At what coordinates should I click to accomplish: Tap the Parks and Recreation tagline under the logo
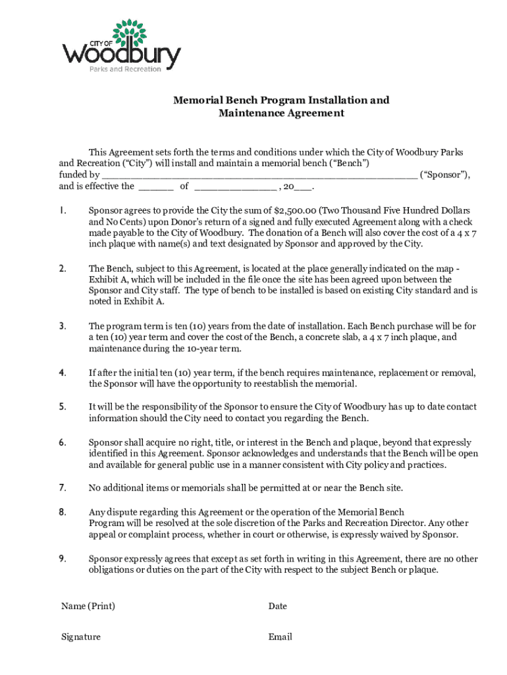click(x=125, y=70)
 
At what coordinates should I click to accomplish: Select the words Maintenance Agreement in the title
click(x=281, y=113)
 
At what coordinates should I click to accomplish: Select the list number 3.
click(x=62, y=326)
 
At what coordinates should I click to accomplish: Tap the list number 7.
click(x=62, y=488)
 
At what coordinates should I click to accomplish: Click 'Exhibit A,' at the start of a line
click(x=107, y=279)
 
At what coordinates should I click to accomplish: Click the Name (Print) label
click(x=83, y=606)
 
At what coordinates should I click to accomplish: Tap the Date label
click(x=277, y=606)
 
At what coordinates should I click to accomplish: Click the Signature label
click(x=81, y=637)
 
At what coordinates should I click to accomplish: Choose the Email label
click(x=280, y=637)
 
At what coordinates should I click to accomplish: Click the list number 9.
click(x=62, y=558)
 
